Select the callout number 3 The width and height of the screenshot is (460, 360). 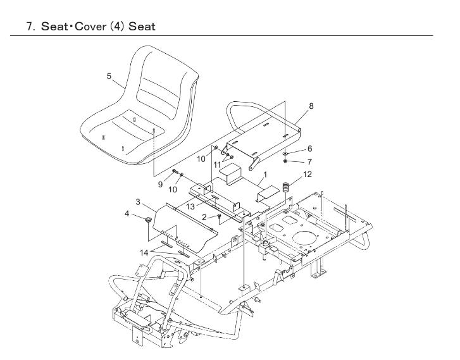[138, 202]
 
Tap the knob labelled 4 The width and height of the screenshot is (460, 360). [149, 221]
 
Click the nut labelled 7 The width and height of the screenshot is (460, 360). [285, 162]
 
